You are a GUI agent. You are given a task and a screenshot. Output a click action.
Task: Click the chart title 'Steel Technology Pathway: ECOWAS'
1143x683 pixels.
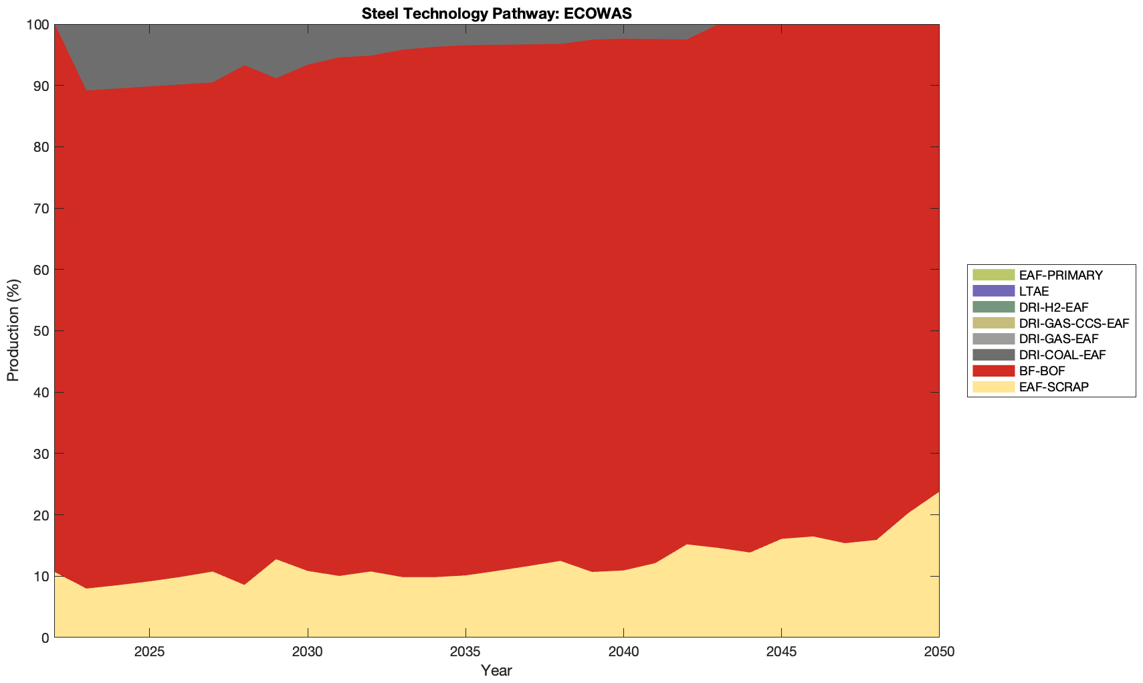pyautogui.click(x=496, y=13)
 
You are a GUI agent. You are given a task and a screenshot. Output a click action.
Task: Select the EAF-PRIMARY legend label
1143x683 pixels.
pyautogui.click(x=1061, y=275)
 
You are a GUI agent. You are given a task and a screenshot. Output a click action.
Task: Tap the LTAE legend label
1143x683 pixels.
pyautogui.click(x=1034, y=291)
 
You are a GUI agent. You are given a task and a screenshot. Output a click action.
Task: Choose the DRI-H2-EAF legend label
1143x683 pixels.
pyautogui.click(x=1053, y=307)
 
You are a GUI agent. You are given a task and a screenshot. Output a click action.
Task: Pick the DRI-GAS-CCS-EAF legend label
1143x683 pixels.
pyautogui.click(x=1073, y=323)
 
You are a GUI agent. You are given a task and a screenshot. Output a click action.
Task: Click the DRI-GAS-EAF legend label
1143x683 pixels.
pyautogui.click(x=1058, y=339)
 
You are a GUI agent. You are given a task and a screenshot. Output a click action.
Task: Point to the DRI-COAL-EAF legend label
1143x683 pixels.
pyautogui.click(x=1062, y=355)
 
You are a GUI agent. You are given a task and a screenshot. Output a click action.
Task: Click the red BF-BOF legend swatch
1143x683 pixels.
pyautogui.click(x=993, y=371)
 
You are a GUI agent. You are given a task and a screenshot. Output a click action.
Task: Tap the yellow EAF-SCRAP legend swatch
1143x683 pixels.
pyautogui.click(x=993, y=387)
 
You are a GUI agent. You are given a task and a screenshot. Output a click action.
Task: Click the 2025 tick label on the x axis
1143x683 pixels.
pyautogui.click(x=149, y=652)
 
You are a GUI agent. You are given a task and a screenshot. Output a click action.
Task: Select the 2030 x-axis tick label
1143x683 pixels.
pyautogui.click(x=307, y=652)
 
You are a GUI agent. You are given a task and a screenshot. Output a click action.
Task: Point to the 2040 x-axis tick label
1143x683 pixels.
pyautogui.click(x=623, y=652)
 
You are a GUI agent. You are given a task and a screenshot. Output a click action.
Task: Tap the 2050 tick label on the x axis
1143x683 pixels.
pyautogui.click(x=939, y=652)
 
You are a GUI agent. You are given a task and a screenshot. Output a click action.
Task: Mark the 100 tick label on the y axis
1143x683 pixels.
pyautogui.click(x=37, y=25)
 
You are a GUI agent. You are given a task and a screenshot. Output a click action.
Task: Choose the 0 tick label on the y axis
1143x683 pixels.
pyautogui.click(x=45, y=638)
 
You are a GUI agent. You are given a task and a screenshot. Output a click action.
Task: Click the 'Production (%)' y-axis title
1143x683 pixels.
pyautogui.click(x=13, y=330)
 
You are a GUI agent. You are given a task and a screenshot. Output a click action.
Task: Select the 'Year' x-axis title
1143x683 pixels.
pyautogui.click(x=496, y=670)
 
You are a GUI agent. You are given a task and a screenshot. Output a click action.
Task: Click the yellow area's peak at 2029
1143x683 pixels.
pyautogui.click(x=276, y=559)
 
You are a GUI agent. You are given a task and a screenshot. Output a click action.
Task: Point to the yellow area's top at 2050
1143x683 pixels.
pyautogui.click(x=938, y=492)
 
